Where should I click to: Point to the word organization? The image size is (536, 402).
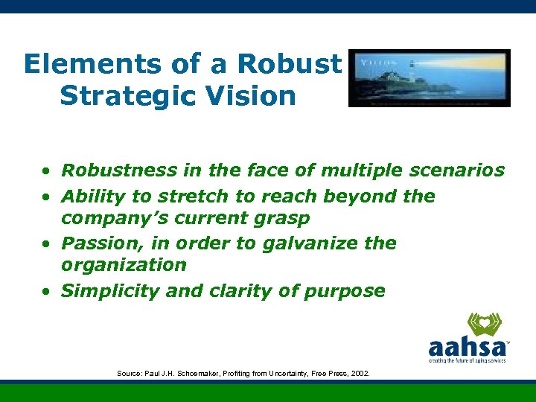pos(123,265)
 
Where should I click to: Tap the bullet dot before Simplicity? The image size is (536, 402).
pos(46,292)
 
